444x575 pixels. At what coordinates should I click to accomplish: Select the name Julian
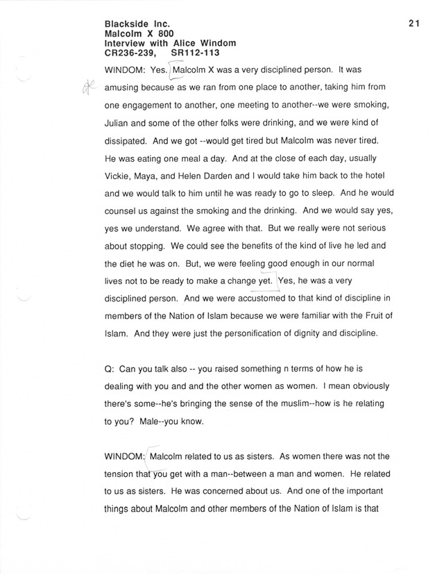click(119, 124)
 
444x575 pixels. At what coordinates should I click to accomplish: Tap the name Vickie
click(119, 178)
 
